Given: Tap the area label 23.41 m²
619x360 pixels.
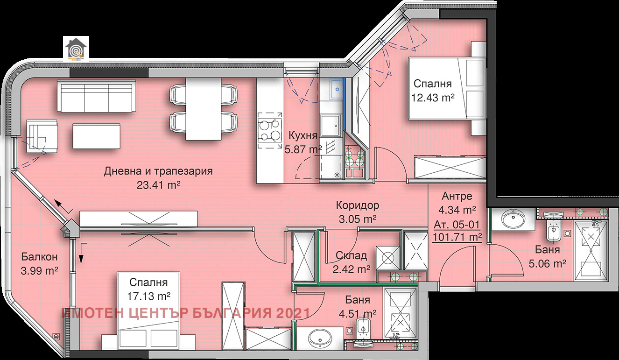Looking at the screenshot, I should pos(158,185).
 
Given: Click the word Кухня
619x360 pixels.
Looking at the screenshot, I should pos(303,136).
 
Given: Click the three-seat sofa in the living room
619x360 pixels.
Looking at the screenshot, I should pos(97,96).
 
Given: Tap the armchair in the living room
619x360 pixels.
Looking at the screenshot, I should pos(42,135).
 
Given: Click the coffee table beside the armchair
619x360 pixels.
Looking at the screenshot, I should pos(96,135).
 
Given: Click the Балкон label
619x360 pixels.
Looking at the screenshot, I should pos(39,257).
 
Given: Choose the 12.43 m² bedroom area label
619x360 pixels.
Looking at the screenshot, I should pos(433,97).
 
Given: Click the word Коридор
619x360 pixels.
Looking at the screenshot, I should pos(358,205).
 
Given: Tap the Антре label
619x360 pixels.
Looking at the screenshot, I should pos(457,196).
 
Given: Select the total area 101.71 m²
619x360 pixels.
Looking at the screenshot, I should pos(457,237).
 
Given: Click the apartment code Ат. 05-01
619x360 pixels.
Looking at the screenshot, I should pos(457,223).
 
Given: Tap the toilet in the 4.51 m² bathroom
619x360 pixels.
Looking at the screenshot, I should pos(362,327).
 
